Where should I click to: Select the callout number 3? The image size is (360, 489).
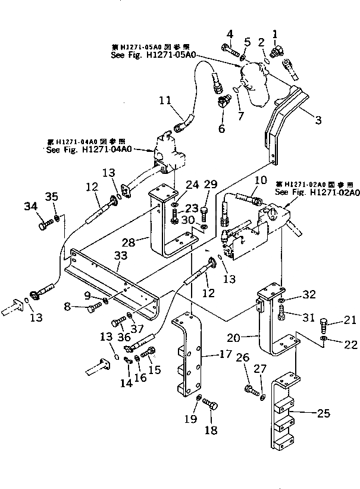pyautogui.click(x=318, y=120)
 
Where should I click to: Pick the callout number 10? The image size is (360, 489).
pyautogui.click(x=260, y=180)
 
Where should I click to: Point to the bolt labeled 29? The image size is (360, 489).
pyautogui.click(x=204, y=211)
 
